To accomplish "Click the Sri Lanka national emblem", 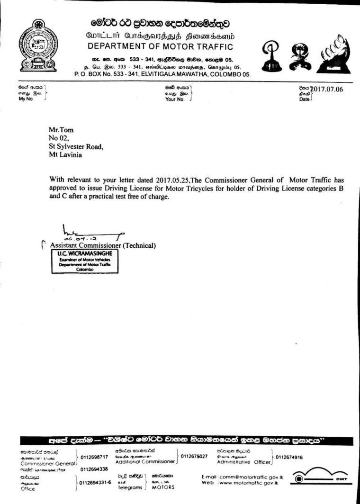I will (x=37, y=45).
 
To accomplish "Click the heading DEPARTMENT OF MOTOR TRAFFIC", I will (x=161, y=46).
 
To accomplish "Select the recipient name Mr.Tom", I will (x=61, y=129).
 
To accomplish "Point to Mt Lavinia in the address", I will (x=65, y=155).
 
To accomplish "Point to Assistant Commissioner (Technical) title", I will (x=103, y=245).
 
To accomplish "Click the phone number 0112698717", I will (x=95, y=457).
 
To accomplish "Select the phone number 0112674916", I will (x=289, y=457).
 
